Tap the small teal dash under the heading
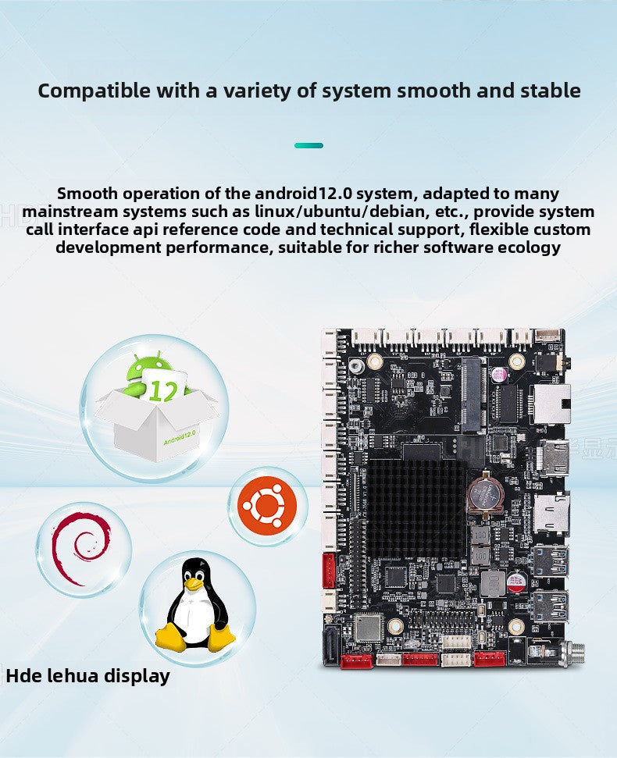point(308,145)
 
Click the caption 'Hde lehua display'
point(87,675)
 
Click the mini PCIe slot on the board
point(472,395)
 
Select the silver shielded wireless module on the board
point(368,627)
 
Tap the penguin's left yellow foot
point(169,638)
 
